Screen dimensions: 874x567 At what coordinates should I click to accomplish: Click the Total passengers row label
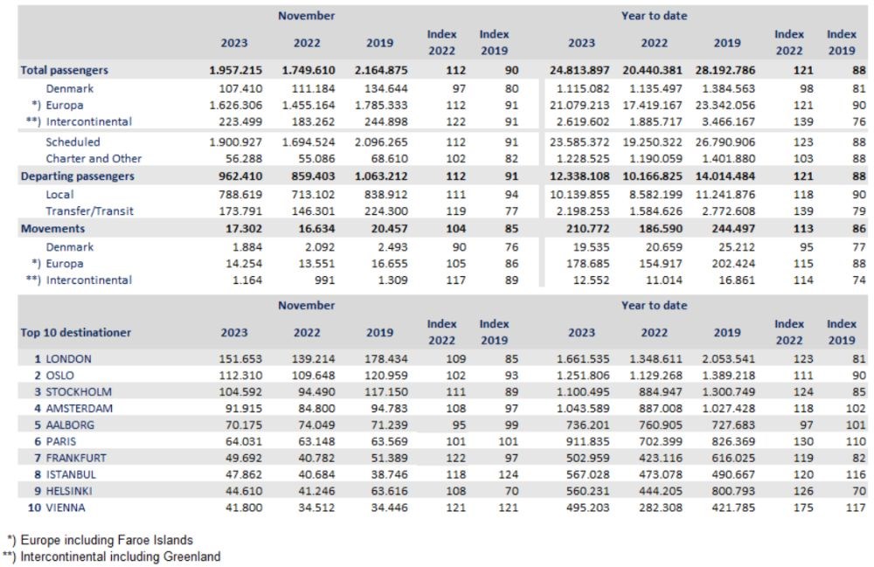(x=64, y=70)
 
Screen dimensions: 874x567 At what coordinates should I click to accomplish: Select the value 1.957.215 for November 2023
(x=235, y=70)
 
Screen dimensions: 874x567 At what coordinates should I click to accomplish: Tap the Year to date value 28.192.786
(x=725, y=70)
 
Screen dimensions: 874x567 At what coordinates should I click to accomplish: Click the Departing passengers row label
(x=78, y=176)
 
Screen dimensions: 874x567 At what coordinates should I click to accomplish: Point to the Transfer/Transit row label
(x=90, y=211)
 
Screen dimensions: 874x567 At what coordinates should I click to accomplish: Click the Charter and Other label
(x=94, y=159)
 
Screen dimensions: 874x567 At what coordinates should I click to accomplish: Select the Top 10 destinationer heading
(x=76, y=333)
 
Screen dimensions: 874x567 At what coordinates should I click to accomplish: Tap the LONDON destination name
(x=68, y=359)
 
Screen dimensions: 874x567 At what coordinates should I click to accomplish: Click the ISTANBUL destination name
(x=71, y=474)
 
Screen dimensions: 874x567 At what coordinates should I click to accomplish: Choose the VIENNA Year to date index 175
(x=803, y=508)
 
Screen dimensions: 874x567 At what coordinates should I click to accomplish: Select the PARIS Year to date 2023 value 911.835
(x=587, y=441)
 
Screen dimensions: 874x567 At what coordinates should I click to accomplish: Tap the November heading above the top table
(x=307, y=16)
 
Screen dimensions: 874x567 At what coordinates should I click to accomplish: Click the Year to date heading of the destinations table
(x=655, y=305)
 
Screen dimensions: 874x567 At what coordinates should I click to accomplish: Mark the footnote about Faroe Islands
(x=101, y=540)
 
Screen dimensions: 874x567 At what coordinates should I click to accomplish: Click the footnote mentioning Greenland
(x=112, y=557)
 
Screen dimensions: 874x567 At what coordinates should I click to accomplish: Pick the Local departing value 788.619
(x=240, y=194)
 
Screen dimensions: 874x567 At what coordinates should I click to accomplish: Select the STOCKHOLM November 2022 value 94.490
(x=316, y=391)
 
